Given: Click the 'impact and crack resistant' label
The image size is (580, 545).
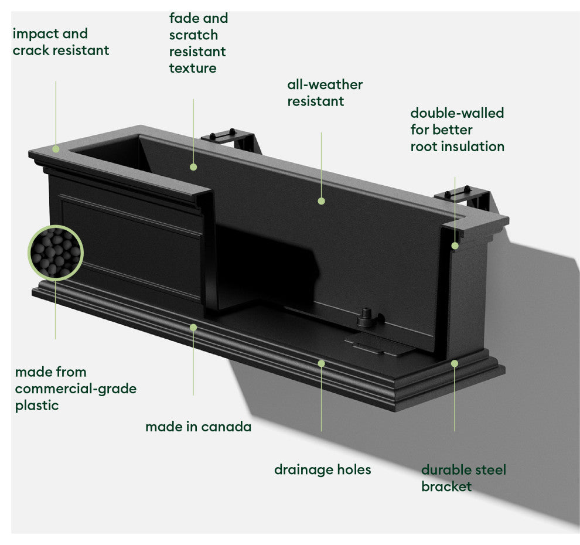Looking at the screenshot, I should tap(61, 42).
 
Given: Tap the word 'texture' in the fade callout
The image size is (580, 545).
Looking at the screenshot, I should tap(193, 68).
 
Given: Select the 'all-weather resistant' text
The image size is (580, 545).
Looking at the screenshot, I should tap(325, 93).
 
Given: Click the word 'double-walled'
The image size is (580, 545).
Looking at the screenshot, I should tap(457, 113).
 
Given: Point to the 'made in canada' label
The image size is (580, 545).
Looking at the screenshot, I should tap(198, 427).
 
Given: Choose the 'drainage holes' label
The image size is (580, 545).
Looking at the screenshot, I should tap(322, 469).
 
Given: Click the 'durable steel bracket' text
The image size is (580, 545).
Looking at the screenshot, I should tap(463, 478).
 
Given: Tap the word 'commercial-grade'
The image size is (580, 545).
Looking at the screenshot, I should tap(76, 389).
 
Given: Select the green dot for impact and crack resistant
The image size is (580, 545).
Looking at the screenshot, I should tap(56, 149).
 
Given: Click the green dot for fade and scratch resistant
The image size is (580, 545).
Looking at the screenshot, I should tap(193, 167).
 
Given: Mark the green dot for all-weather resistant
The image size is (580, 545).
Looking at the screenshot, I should tap(321, 201).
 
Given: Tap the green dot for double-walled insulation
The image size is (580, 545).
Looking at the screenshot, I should tap(455, 246).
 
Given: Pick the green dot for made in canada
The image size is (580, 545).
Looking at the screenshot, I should tap(193, 327).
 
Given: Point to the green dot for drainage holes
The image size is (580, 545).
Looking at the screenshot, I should tap(321, 363).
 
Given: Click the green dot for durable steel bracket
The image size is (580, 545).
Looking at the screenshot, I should tap(455, 363).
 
